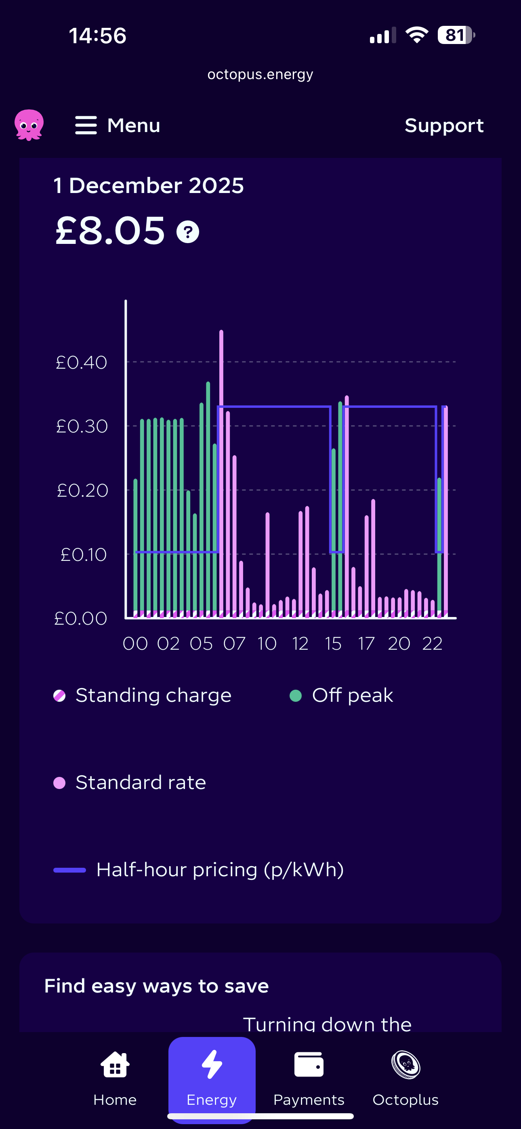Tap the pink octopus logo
[x=29, y=125]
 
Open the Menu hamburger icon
[x=86, y=125]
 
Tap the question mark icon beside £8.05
[x=188, y=232]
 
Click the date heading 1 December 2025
[x=149, y=185]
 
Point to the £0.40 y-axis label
[x=82, y=363]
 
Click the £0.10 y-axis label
[x=83, y=555]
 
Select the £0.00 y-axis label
[x=81, y=619]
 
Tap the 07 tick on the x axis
[x=234, y=644]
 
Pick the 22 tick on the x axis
[x=432, y=644]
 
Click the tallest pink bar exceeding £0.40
[x=221, y=438]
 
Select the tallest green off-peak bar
[x=208, y=482]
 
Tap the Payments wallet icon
[x=309, y=1065]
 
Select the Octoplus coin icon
[x=405, y=1065]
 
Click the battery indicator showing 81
[x=456, y=35]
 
